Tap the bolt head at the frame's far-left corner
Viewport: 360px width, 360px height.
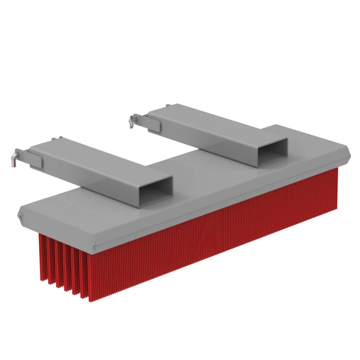[x=19, y=216]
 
